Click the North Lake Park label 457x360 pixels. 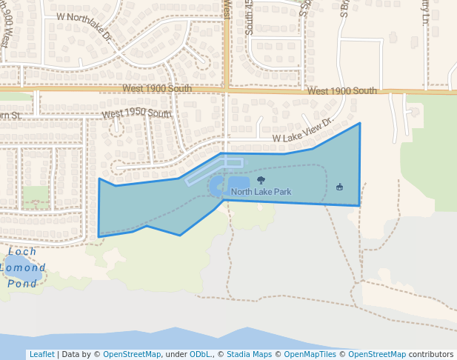point(261,192)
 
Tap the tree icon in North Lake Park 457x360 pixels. point(260,180)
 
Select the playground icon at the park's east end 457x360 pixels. point(340,187)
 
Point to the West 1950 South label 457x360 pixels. point(136,113)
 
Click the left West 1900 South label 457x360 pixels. point(158,88)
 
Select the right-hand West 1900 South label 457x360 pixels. point(341,91)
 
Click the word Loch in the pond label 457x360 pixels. point(21,252)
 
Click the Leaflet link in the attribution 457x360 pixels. point(41,354)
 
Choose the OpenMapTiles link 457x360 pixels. point(312,354)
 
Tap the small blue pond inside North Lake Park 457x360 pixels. point(238,183)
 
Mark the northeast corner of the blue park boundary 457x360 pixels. point(360,124)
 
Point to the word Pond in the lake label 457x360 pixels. point(22,284)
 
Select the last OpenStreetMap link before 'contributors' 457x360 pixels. point(377,354)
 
